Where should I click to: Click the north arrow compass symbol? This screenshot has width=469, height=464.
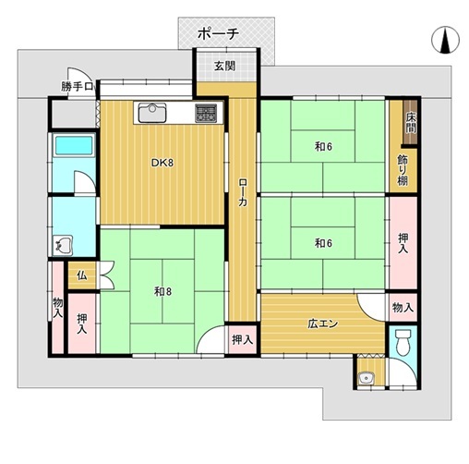(x=445, y=40)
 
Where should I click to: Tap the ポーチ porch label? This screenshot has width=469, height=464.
(x=218, y=33)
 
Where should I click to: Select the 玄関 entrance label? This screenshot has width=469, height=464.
(x=225, y=66)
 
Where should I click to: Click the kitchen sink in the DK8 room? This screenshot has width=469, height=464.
(x=152, y=113)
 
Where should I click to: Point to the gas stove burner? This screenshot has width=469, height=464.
(x=206, y=113)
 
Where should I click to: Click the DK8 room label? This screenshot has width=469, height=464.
(x=162, y=163)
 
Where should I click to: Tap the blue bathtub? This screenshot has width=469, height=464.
(x=74, y=145)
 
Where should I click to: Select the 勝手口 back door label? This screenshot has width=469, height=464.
(x=77, y=87)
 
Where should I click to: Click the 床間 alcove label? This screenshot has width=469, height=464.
(x=411, y=122)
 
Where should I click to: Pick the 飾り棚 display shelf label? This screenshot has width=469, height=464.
(x=403, y=170)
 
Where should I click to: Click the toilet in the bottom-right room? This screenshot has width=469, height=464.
(x=403, y=343)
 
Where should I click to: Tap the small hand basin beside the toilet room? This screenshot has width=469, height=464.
(x=367, y=378)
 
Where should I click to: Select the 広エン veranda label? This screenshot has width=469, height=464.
(x=323, y=324)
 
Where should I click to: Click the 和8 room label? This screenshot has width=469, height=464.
(x=162, y=291)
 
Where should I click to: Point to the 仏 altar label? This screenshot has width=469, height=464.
(x=82, y=275)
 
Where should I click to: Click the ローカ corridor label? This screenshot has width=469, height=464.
(x=243, y=192)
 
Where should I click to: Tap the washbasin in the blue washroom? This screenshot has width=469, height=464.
(x=63, y=246)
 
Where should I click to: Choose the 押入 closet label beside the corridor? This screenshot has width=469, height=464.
(x=243, y=340)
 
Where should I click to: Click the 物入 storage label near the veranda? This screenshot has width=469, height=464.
(x=403, y=307)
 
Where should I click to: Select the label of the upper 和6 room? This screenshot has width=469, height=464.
(x=323, y=147)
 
